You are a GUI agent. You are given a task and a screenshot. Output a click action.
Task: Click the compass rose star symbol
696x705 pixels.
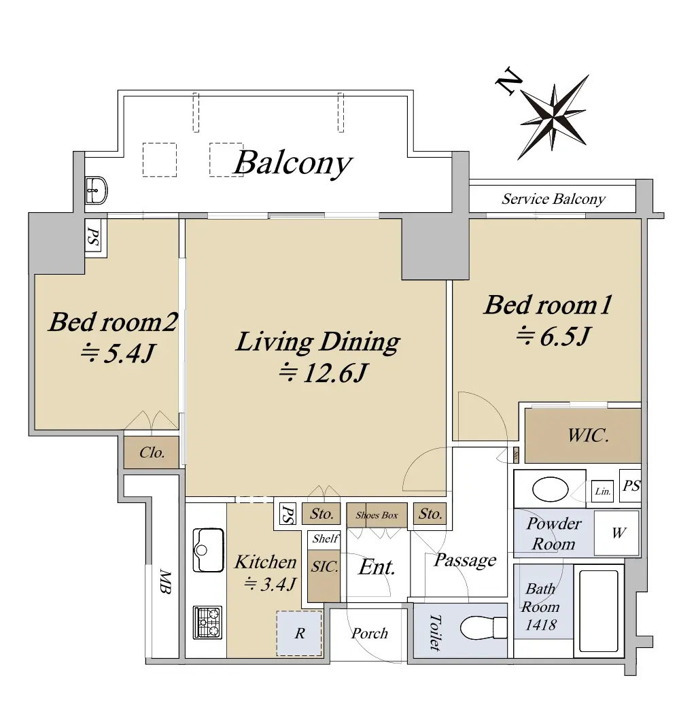point(553,117)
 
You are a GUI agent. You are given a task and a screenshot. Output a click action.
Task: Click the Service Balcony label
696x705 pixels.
point(553,199)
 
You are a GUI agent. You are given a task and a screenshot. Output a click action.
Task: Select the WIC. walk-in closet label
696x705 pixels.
point(588,435)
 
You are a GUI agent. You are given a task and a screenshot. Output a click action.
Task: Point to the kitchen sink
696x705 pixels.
point(208,550)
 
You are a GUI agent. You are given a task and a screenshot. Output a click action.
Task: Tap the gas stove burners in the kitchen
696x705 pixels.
point(208,622)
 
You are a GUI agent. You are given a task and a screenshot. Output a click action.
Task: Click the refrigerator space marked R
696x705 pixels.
point(300,633)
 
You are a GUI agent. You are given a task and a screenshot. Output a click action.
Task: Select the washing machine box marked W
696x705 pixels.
point(616,533)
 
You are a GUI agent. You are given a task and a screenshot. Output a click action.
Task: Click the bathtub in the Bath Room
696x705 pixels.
point(598,611)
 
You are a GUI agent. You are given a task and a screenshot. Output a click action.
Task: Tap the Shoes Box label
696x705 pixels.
point(377,515)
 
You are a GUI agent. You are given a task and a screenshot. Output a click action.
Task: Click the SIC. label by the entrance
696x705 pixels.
point(325,566)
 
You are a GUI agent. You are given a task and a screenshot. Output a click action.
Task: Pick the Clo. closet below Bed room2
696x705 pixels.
point(152,452)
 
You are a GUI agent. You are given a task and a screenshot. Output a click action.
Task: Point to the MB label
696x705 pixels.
point(165,582)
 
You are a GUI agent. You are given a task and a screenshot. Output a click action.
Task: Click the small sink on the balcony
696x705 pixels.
point(97,190)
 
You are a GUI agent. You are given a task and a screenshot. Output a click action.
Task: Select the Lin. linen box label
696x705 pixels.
point(602,492)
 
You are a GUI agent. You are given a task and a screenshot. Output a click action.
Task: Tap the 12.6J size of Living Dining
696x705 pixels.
point(324,373)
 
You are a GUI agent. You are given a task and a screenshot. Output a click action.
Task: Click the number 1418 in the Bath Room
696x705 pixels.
point(541,625)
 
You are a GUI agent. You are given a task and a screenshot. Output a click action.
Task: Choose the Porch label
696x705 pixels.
point(369,633)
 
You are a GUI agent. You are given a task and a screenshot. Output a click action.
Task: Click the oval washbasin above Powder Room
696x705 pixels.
point(550,489)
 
